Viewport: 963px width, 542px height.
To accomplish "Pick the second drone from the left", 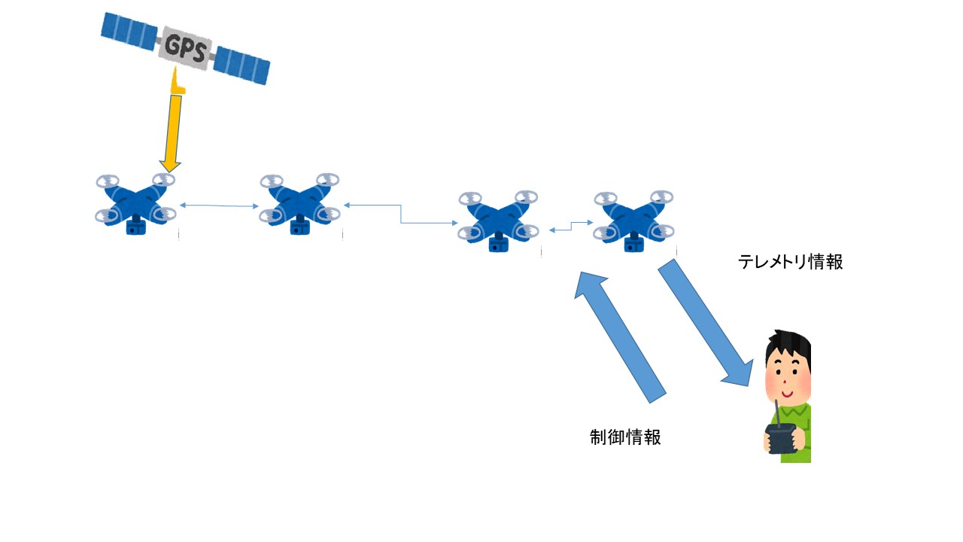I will [x=299, y=203].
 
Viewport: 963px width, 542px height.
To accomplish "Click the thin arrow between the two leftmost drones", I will [x=219, y=205].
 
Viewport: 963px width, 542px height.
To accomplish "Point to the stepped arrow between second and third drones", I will [x=401, y=214].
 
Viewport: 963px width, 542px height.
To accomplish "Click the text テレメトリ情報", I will [x=790, y=262].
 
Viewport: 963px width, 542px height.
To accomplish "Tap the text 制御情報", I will [x=625, y=437].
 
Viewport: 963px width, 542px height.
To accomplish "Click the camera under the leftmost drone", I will [x=136, y=225].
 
